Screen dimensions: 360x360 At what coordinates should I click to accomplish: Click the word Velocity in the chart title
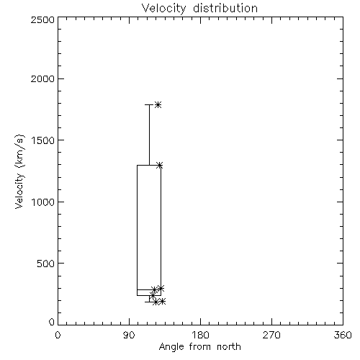[164, 9]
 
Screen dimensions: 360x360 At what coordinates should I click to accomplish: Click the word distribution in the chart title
[225, 8]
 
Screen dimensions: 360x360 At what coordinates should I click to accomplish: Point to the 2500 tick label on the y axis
[42, 19]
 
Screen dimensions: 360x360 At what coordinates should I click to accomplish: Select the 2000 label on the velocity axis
[42, 78]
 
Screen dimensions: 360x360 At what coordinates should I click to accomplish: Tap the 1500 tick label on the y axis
[43, 140]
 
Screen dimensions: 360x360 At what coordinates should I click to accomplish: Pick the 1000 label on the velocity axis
[43, 202]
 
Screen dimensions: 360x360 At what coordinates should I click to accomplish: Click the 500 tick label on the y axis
[46, 264]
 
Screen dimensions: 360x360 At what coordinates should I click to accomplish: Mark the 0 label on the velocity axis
[52, 322]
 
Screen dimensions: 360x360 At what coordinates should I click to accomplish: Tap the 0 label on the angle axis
[58, 335]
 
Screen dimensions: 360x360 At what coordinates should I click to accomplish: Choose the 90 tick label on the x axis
[129, 335]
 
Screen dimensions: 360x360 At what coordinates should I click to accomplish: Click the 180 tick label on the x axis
[200, 335]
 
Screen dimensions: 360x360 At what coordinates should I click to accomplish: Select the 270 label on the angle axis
[271, 335]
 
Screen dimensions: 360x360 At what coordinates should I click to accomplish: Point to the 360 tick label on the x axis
[343, 335]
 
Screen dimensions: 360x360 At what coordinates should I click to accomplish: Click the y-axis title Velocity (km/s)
[19, 171]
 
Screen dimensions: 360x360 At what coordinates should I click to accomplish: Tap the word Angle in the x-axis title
[171, 348]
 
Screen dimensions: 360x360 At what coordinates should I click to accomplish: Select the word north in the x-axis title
[229, 346]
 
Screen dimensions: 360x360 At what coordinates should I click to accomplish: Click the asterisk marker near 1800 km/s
[158, 104]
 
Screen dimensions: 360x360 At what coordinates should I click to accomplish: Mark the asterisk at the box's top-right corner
[160, 166]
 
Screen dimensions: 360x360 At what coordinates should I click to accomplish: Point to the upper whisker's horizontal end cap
[149, 104]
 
